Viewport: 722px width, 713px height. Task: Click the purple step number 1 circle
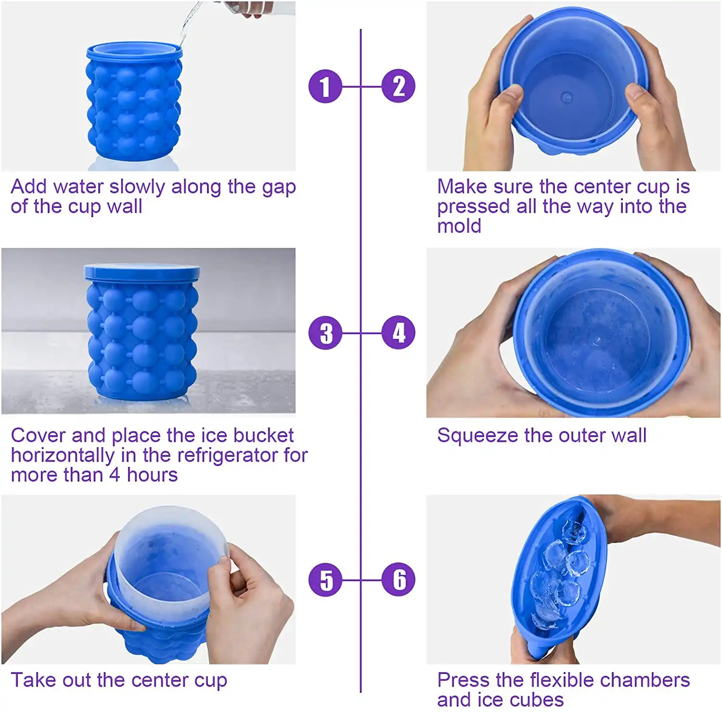325,87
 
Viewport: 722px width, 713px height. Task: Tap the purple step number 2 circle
399,87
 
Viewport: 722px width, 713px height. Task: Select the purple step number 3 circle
325,333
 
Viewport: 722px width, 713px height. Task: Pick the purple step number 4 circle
399,333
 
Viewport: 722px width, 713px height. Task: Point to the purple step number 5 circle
325,580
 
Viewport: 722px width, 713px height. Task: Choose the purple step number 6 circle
399,580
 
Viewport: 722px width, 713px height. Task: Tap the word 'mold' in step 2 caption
459,226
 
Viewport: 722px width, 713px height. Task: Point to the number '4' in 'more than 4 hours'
114,475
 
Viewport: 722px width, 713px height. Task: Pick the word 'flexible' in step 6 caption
561,680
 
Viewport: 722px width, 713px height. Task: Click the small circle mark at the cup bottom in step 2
567,98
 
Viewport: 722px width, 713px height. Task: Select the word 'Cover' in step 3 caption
38,436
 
